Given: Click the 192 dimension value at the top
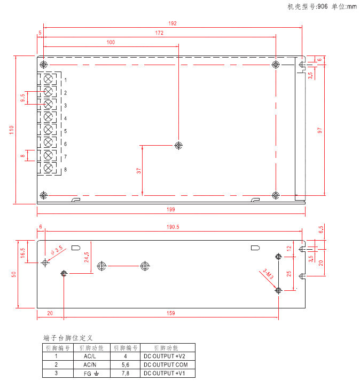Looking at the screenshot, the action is click(x=172, y=23).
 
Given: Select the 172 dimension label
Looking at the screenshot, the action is click(x=159, y=33).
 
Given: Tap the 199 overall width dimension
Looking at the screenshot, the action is click(x=171, y=210).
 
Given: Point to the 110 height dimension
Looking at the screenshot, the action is click(x=11, y=130).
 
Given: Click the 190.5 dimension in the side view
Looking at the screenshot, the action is click(x=173, y=227).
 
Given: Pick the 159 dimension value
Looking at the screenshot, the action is click(x=171, y=313).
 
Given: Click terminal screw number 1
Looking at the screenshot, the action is click(x=48, y=79).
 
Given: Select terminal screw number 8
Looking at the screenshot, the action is click(x=48, y=168).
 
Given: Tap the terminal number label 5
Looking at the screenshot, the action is click(x=66, y=131).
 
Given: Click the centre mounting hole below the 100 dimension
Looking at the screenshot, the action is click(x=178, y=146).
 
